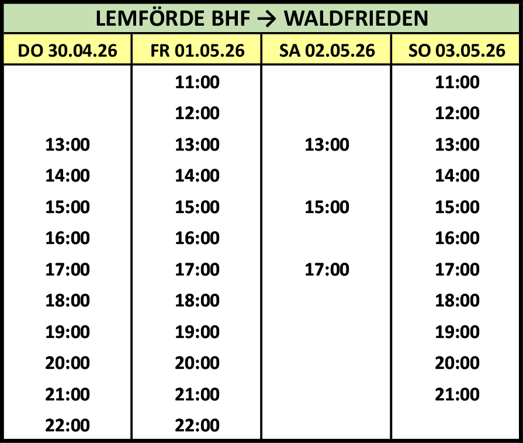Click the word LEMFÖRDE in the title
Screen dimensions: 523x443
[150, 18]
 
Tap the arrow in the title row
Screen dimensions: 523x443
[267, 19]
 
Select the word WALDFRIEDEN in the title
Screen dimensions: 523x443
[356, 18]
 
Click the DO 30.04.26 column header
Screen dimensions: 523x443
[67, 51]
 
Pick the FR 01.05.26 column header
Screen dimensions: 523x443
[198, 51]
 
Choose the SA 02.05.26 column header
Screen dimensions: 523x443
[327, 51]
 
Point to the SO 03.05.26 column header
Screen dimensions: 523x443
[457, 51]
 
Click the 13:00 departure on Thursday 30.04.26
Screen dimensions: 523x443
[67, 145]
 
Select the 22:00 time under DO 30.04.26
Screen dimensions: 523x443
[67, 425]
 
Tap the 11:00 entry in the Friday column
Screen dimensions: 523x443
[198, 82]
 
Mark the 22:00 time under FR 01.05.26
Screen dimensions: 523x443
[198, 425]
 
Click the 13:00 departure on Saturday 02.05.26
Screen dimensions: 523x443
[327, 145]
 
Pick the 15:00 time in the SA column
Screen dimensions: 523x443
[327, 207]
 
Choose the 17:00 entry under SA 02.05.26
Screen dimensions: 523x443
[327, 270]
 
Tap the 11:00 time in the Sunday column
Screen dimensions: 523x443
[457, 82]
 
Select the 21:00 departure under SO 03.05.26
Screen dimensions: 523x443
[457, 395]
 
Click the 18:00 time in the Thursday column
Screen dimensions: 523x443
[67, 301]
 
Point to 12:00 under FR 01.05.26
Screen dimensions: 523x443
[198, 113]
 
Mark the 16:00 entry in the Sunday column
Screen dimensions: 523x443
[457, 238]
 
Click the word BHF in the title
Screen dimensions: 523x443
[231, 18]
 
